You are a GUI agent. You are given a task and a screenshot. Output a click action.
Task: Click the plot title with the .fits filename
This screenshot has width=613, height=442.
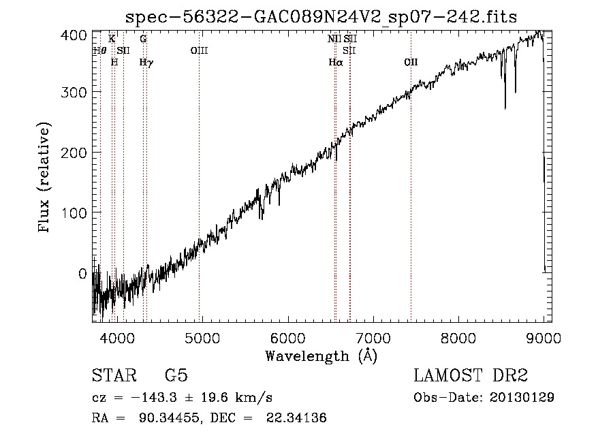[x=321, y=17]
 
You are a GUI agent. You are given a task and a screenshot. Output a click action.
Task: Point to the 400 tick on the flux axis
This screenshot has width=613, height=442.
[x=74, y=35]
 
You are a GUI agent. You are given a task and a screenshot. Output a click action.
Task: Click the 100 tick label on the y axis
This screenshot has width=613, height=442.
[x=74, y=213]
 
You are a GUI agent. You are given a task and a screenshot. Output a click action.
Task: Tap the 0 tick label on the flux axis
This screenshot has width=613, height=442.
[x=82, y=274]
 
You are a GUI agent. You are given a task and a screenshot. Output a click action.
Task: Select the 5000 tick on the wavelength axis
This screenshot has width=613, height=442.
[x=202, y=338]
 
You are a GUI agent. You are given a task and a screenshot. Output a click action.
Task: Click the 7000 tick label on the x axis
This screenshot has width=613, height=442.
[x=373, y=338]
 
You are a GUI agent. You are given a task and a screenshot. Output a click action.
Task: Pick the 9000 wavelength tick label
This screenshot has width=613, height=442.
[x=544, y=338]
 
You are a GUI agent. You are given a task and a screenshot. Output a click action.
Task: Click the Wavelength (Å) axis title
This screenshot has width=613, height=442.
[x=321, y=356]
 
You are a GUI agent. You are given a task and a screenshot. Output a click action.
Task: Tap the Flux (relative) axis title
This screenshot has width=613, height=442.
[x=44, y=178]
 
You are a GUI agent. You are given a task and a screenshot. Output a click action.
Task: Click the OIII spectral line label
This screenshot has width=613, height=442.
[x=199, y=50]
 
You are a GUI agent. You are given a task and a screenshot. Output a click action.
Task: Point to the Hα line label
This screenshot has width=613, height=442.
[x=335, y=62]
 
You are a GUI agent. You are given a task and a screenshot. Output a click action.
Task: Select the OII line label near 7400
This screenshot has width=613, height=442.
[x=411, y=62]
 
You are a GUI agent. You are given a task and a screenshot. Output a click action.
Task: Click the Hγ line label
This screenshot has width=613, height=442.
[x=146, y=63]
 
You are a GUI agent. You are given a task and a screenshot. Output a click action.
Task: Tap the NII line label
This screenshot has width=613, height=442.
[x=334, y=39]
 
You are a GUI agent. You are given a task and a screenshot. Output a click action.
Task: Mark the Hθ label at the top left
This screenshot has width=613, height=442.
[x=99, y=50]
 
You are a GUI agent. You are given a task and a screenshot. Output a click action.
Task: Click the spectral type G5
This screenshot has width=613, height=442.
[x=176, y=375]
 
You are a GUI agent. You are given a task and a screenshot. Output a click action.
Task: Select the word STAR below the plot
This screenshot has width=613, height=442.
[x=114, y=375]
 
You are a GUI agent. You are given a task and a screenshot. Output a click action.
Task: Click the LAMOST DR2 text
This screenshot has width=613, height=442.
[x=471, y=375]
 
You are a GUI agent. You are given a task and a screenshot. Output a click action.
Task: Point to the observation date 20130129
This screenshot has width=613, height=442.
[x=522, y=398]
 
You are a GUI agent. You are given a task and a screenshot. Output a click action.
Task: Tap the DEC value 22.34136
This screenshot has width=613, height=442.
[x=296, y=417]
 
